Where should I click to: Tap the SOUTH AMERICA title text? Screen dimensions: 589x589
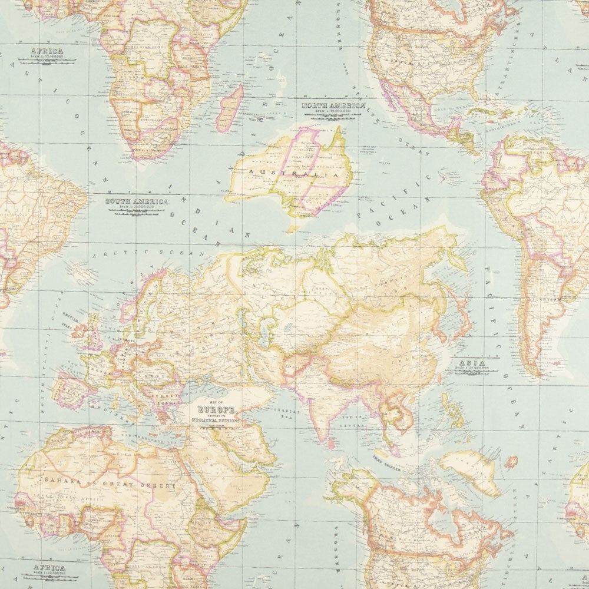pyautogui.click(x=136, y=201)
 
